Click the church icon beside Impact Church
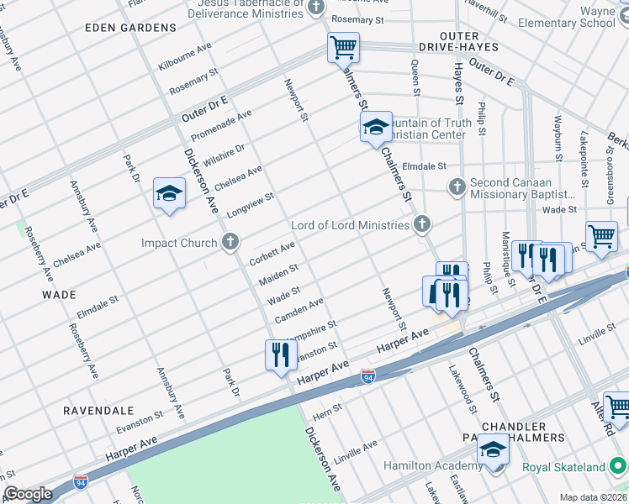(230, 244)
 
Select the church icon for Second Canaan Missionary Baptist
(457, 186)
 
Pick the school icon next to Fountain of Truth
(376, 128)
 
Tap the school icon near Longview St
(169, 195)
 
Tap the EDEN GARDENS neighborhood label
(131, 28)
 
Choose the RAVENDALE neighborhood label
(98, 411)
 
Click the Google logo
(28, 494)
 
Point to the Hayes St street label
(459, 87)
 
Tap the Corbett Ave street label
(272, 253)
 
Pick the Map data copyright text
(592, 497)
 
